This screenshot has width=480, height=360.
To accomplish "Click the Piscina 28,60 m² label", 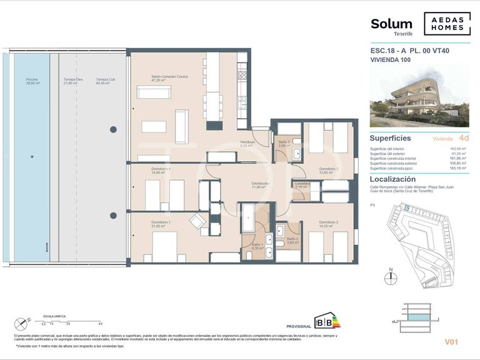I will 32,81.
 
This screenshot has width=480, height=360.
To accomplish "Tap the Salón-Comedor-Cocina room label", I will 169,79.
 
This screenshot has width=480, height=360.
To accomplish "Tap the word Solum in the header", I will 391,24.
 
